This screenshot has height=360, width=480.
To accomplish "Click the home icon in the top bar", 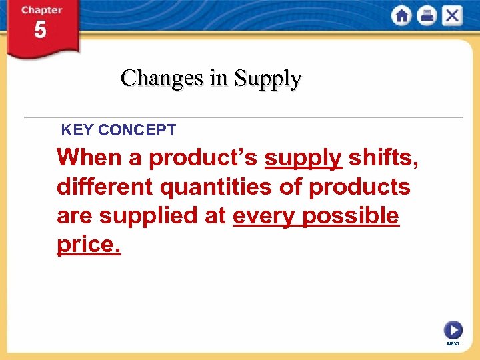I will pos(402,15).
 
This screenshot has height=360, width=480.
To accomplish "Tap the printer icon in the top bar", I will pos(427,15).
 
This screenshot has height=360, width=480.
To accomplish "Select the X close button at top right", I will pos(452,15).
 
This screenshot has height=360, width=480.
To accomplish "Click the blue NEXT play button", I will pos(453,330).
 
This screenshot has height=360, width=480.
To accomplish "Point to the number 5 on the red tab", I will pos(40,30).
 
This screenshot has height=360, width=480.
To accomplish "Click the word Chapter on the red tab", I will pos(41,10).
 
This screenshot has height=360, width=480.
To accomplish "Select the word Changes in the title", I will pos(162,78).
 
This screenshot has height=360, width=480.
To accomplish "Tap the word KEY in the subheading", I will pos(75,130).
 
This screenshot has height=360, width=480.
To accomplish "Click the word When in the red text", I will pos(85,158).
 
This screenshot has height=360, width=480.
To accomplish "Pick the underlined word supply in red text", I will pos(303,159).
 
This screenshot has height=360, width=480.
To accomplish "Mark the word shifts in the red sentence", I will pos(383,158).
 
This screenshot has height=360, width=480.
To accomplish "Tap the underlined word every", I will pos(264,217).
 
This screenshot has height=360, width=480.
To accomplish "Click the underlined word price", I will pos(89,245).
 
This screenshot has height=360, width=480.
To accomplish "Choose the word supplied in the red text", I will pos(143,217).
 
